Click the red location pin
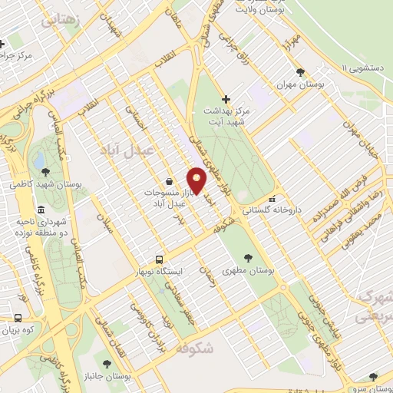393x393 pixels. pos(197,180)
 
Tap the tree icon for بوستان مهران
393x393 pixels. pos(310,72)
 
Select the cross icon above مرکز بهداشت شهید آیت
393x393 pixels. pos(225,99)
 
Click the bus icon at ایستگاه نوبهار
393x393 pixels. pos(159,259)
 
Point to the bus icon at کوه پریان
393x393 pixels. pos(18,317)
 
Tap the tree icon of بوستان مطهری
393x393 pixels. pos(248,259)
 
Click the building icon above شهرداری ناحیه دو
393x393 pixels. pos(40,210)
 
